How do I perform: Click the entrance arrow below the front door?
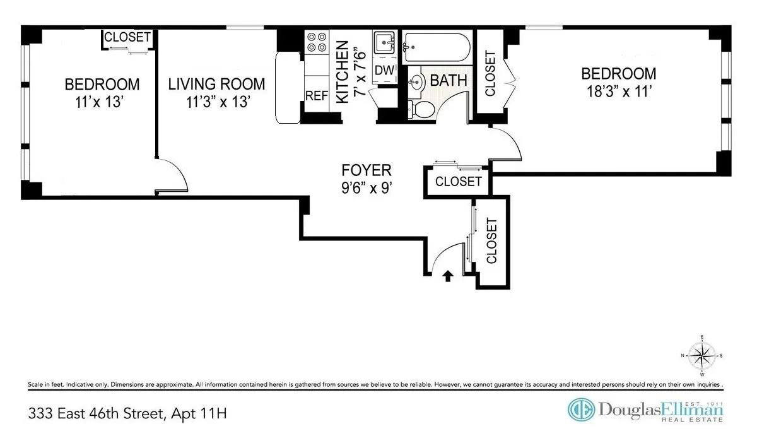click(x=449, y=275)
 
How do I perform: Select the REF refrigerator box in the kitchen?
click(x=317, y=96)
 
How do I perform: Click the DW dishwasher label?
click(x=384, y=70)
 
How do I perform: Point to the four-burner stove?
click(x=317, y=42)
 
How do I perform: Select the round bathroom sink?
click(x=416, y=81)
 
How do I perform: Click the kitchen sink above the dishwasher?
click(x=384, y=44)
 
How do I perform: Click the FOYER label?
click(x=367, y=170)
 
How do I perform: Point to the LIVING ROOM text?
click(x=216, y=84)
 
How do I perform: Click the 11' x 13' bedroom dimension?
click(x=102, y=102)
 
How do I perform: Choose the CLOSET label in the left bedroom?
click(x=127, y=37)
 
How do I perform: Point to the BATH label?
click(x=449, y=81)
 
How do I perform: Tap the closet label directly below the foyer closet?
click(x=491, y=240)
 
